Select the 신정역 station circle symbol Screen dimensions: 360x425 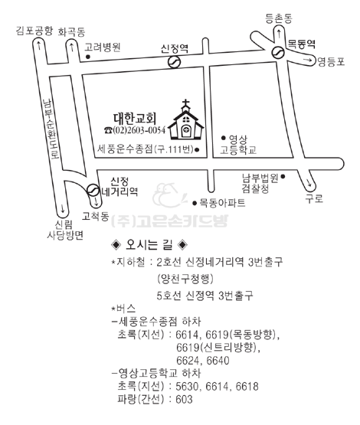point(175,62)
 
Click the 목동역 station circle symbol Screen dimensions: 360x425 point(278,52)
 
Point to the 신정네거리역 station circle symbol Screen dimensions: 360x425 point(93,190)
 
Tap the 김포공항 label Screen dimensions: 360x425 point(34,31)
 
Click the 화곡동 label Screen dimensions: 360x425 point(71,32)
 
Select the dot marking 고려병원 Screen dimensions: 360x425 point(87,57)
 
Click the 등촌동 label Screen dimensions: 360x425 point(279,18)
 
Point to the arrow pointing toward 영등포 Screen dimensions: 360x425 point(308,60)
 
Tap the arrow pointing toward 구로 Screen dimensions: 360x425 point(309,183)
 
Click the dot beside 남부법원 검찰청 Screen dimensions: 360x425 point(283,176)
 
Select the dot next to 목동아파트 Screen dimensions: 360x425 point(195,203)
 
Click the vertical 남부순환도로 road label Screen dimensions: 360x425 point(51,128)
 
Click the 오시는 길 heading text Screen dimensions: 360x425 point(149,245)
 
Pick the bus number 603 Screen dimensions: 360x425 point(185,399)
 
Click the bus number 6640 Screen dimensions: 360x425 point(218,361)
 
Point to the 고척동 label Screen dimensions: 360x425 point(96,216)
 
